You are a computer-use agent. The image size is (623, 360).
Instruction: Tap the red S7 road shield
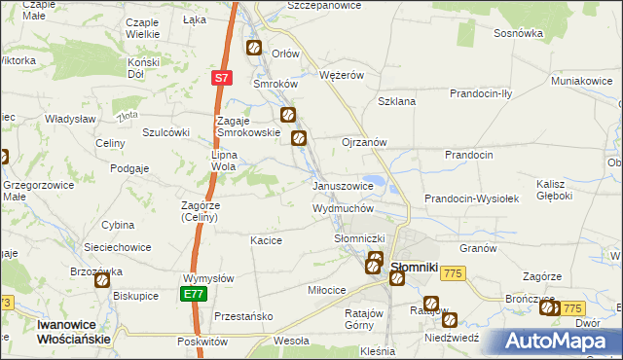[222, 78]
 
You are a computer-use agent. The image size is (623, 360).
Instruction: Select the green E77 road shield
[193, 294]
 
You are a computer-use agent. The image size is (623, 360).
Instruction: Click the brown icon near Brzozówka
[103, 280]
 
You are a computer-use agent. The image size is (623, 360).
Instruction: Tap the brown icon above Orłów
[254, 47]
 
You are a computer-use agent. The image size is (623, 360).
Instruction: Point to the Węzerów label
[342, 74]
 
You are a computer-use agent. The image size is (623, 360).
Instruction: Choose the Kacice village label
[266, 240]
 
